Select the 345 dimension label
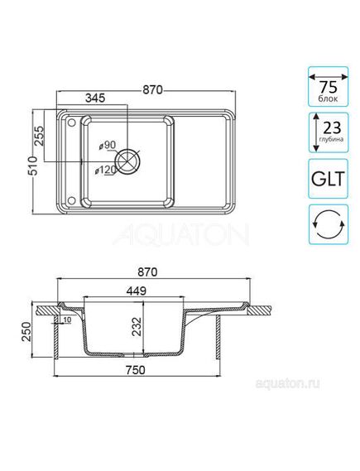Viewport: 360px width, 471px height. (94, 98)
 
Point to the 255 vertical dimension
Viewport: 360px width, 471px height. (40, 135)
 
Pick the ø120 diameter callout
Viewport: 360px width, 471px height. (104, 171)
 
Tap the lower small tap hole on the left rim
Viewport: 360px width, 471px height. (71, 199)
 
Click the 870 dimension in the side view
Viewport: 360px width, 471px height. (149, 272)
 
